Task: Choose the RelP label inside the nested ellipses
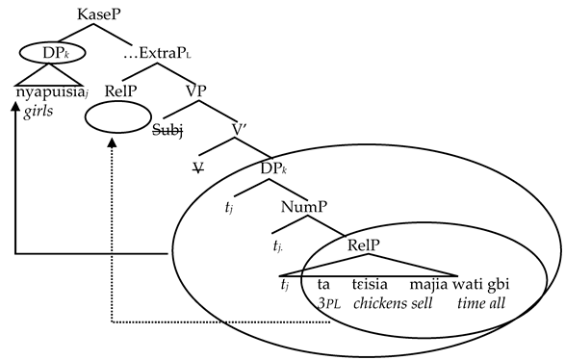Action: point(360,244)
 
